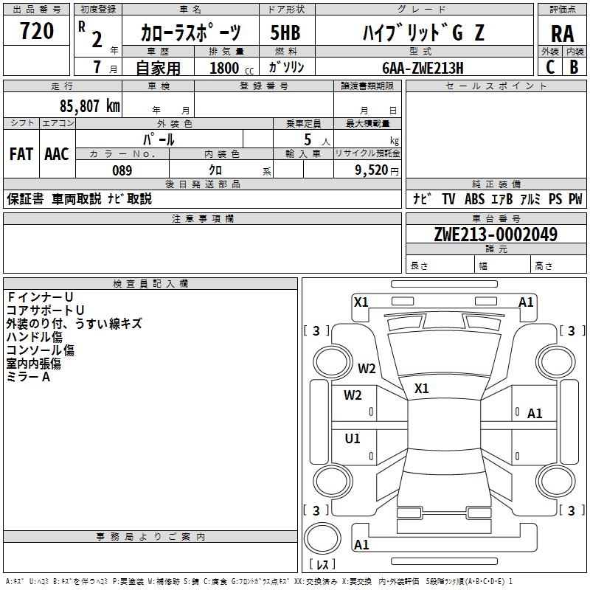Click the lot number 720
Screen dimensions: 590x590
click(37, 31)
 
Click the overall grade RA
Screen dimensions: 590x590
click(562, 34)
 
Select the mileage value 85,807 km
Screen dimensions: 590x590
click(89, 106)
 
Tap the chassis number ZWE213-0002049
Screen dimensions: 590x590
click(496, 235)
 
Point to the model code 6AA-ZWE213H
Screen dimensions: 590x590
click(423, 68)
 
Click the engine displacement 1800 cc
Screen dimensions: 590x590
click(232, 68)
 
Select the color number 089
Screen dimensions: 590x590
click(122, 170)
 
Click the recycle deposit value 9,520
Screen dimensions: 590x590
click(372, 170)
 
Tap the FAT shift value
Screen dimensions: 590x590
click(21, 154)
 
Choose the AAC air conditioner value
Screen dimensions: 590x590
click(57, 154)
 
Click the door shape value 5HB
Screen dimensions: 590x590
click(285, 32)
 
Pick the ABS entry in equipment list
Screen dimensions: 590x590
click(474, 199)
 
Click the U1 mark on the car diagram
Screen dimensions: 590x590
click(353, 438)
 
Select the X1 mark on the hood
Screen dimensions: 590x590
click(421, 389)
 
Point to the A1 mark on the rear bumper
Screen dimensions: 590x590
click(361, 544)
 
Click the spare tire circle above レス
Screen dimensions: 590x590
click(322, 538)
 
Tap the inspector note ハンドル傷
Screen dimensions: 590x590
click(34, 337)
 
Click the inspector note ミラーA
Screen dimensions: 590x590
click(28, 377)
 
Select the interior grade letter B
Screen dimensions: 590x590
click(574, 67)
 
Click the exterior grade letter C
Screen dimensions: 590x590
click(550, 67)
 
